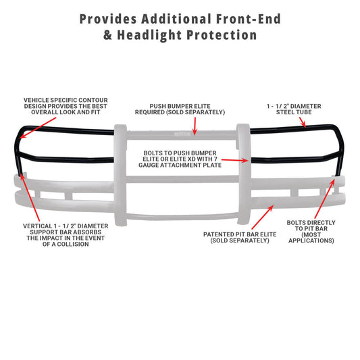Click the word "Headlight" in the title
pyautogui.click(x=150, y=35)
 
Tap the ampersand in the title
pyautogui.click(x=107, y=35)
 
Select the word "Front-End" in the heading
pyautogui.click(x=249, y=19)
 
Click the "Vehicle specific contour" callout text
pyautogui.click(x=66, y=106)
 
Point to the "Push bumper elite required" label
pyautogui.click(x=180, y=109)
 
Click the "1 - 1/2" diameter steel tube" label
pyautogui.click(x=294, y=109)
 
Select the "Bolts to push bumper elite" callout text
pyautogui.click(x=180, y=159)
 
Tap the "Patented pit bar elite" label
pyautogui.click(x=240, y=237)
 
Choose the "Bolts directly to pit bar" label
pyautogui.click(x=311, y=232)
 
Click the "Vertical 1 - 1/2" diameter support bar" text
pyautogui.click(x=66, y=235)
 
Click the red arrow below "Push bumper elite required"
pyautogui.click(x=195, y=126)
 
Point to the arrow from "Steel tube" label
pyautogui.click(x=303, y=122)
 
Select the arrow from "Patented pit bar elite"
pyautogui.click(x=263, y=217)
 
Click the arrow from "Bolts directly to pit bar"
pyautogui.click(x=325, y=199)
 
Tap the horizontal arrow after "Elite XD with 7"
pyautogui.click(x=235, y=160)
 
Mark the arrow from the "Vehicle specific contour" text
pyautogui.click(x=38, y=128)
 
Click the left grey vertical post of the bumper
pyautogui.click(x=120, y=175)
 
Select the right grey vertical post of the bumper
pyautogui.click(x=244, y=174)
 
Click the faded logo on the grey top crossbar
pyautogui.click(x=182, y=134)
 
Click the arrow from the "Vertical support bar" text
pyautogui.click(x=30, y=197)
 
